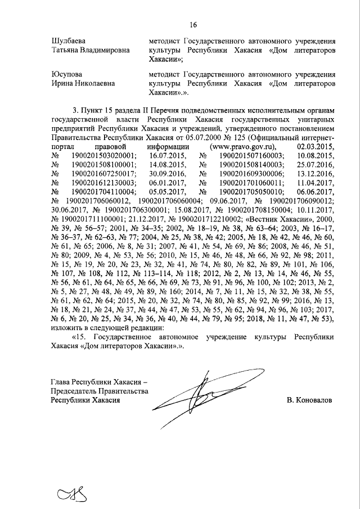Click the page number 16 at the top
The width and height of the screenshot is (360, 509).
(193, 25)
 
